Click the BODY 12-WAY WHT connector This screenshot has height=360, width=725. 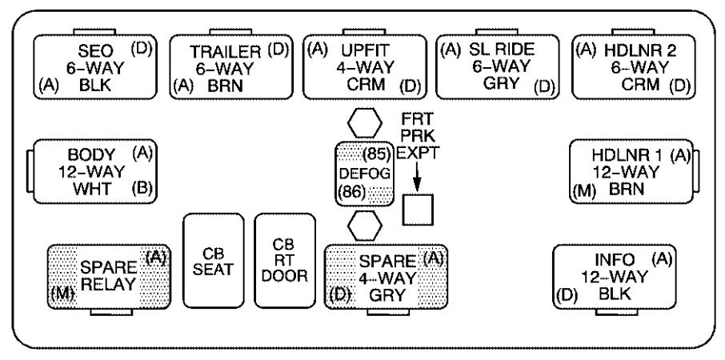pyautogui.click(x=94, y=170)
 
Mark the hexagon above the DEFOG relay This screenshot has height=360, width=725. pyautogui.click(x=365, y=125)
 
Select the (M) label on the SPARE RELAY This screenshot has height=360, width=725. pyautogui.click(x=62, y=293)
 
